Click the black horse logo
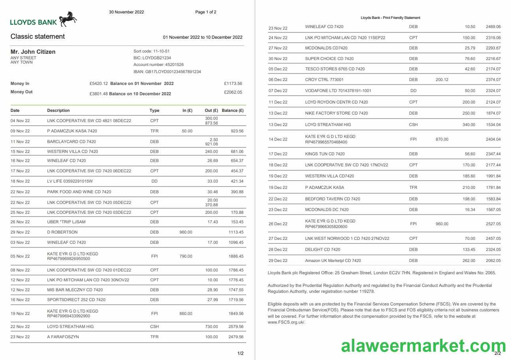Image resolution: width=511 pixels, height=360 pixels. [x=68, y=19]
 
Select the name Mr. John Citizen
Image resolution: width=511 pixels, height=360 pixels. [x=33, y=52]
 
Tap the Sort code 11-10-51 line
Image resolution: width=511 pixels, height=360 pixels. [x=152, y=51]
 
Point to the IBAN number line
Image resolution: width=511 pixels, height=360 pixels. [x=167, y=72]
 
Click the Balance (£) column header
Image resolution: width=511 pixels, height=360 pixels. [x=232, y=110]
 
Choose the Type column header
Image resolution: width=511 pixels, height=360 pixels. [x=154, y=110]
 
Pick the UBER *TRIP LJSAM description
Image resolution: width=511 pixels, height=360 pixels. [x=66, y=222]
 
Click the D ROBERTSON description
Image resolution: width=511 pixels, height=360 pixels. [x=62, y=232]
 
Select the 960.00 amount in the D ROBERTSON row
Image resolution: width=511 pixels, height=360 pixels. [x=186, y=232]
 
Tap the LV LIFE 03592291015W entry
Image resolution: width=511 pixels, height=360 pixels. [x=70, y=181]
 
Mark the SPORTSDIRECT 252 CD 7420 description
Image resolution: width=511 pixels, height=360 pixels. [x=76, y=300]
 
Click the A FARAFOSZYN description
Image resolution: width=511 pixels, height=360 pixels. [x=63, y=337]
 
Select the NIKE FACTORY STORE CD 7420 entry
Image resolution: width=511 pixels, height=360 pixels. [x=336, y=113]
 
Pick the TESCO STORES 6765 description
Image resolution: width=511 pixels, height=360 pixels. [x=335, y=69]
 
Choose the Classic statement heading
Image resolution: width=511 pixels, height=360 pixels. [x=38, y=36]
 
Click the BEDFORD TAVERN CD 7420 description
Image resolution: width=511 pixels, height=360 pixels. [x=332, y=199]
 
